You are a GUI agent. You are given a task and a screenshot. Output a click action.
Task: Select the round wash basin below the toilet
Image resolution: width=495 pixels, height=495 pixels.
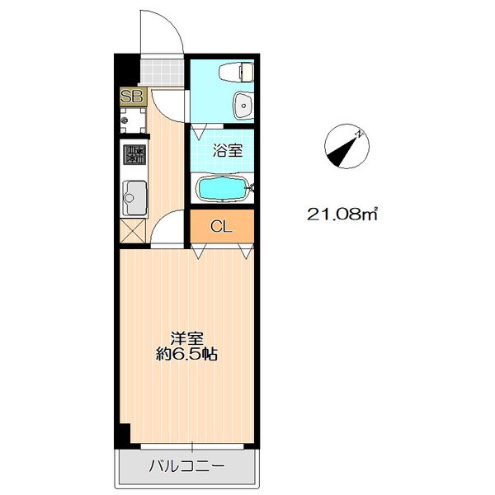243,105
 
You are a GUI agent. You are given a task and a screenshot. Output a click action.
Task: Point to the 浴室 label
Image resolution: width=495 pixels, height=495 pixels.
227,150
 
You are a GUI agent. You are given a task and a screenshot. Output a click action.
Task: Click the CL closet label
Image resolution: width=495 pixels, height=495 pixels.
220,227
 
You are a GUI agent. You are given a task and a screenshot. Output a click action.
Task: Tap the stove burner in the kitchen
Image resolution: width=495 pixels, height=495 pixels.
134,154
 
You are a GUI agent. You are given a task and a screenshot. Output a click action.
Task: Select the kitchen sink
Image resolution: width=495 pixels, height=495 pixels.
133,197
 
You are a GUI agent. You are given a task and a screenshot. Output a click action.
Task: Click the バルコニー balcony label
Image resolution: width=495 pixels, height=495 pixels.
186,468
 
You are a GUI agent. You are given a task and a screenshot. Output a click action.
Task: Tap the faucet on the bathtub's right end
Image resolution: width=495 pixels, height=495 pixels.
251,190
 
